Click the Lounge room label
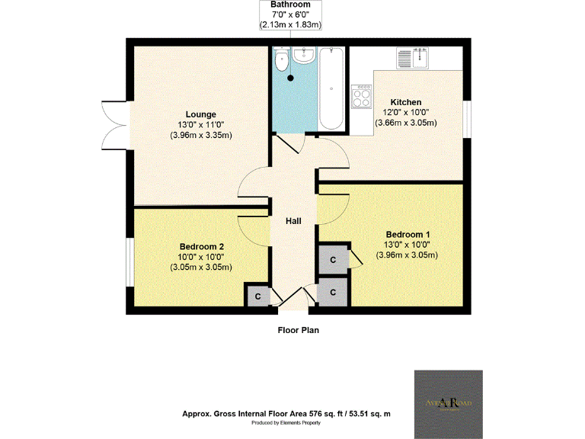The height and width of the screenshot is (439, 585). click(x=200, y=114)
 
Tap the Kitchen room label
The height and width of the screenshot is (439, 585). click(x=406, y=102)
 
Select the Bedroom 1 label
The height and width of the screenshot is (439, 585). click(x=408, y=234)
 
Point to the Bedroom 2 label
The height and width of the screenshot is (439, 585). click(x=201, y=246)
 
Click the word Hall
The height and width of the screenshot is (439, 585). click(x=293, y=221)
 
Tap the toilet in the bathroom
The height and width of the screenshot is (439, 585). click(x=282, y=61)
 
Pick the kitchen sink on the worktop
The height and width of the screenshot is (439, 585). click(x=412, y=56)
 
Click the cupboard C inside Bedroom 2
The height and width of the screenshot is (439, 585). click(x=257, y=296)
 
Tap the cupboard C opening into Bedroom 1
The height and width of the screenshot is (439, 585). click(x=333, y=259)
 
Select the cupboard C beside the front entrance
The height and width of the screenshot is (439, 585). click(x=333, y=291)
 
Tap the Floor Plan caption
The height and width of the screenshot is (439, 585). click(x=297, y=331)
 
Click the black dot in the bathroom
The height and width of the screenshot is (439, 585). click(x=290, y=77)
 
